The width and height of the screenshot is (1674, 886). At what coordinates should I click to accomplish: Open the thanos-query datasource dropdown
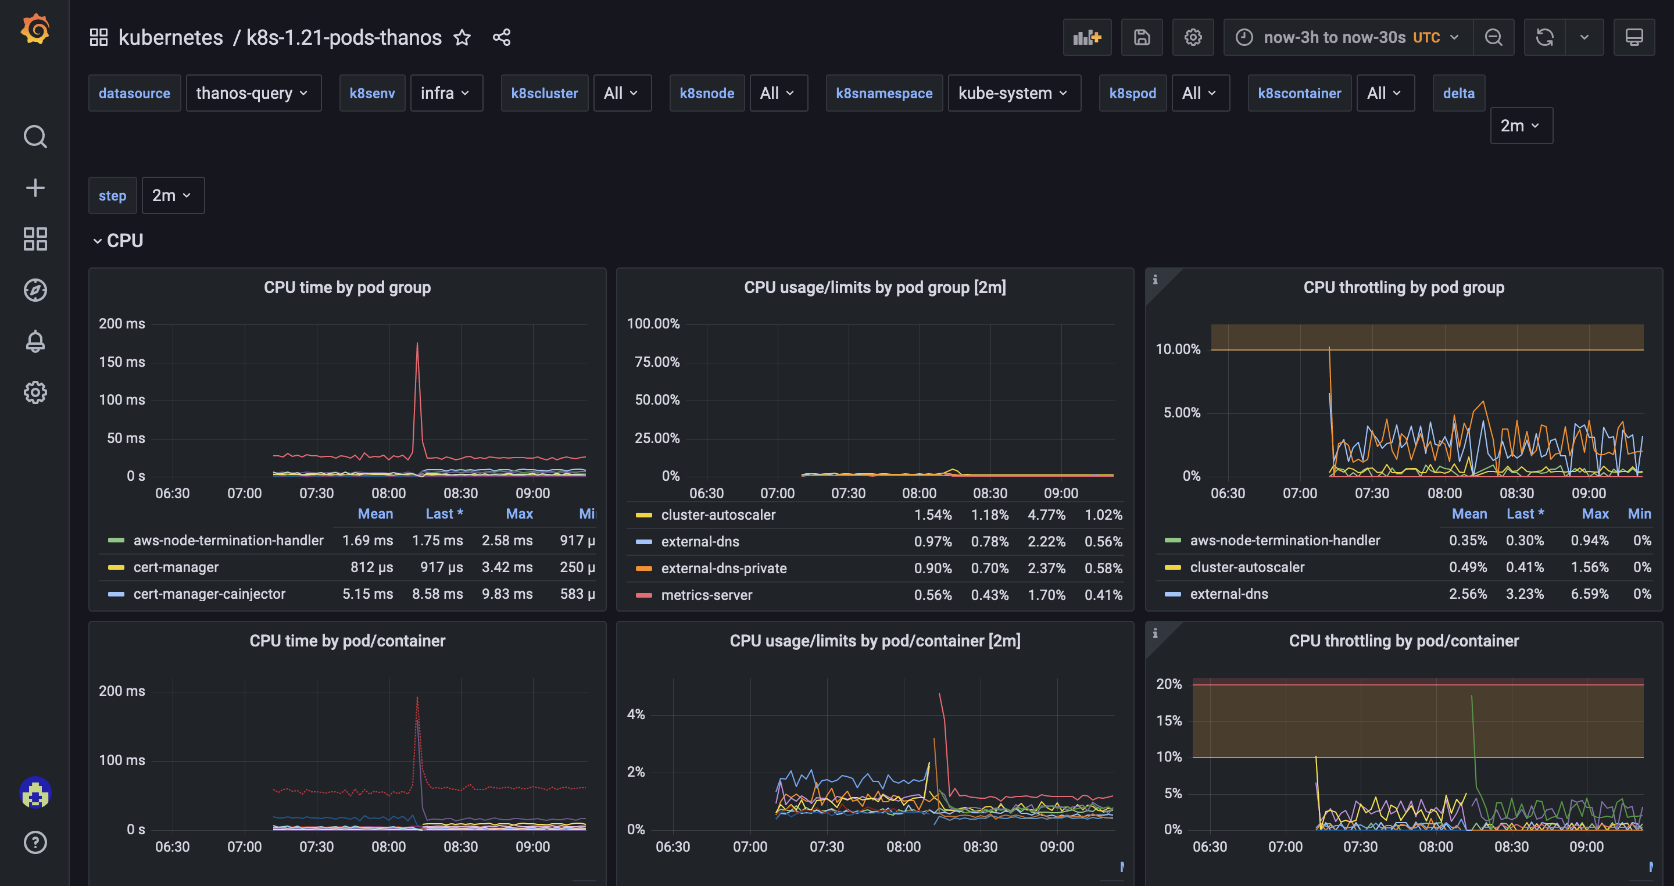[253, 93]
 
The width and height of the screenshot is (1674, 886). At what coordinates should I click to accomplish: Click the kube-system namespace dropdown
[1013, 93]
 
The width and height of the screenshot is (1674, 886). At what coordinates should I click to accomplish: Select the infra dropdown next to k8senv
[446, 93]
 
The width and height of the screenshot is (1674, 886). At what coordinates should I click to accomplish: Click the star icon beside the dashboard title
[462, 38]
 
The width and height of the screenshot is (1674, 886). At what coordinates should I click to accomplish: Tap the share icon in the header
[501, 38]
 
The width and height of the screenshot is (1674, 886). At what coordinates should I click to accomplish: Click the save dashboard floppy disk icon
[1142, 38]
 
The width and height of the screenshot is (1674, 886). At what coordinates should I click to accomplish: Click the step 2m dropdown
[172, 195]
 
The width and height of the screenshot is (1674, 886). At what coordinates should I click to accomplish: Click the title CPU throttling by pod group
[1403, 287]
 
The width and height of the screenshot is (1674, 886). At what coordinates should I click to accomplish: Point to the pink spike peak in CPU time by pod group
[417, 345]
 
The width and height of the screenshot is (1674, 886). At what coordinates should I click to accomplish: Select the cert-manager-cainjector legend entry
[209, 594]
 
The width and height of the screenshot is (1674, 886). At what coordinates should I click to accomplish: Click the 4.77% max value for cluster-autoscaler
[1046, 515]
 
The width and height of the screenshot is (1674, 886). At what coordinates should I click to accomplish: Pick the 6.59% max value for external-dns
[1589, 594]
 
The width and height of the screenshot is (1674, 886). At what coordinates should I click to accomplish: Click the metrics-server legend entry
[706, 595]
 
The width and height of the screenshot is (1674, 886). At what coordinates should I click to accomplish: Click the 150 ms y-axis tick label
[121, 362]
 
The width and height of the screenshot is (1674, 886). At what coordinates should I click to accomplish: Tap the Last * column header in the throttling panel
[1524, 513]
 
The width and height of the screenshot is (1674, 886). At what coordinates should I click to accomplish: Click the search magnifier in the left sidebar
[35, 137]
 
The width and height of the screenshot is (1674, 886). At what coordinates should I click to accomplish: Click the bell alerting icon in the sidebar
[35, 341]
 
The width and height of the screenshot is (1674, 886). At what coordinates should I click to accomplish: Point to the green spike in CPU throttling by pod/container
[1471, 698]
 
